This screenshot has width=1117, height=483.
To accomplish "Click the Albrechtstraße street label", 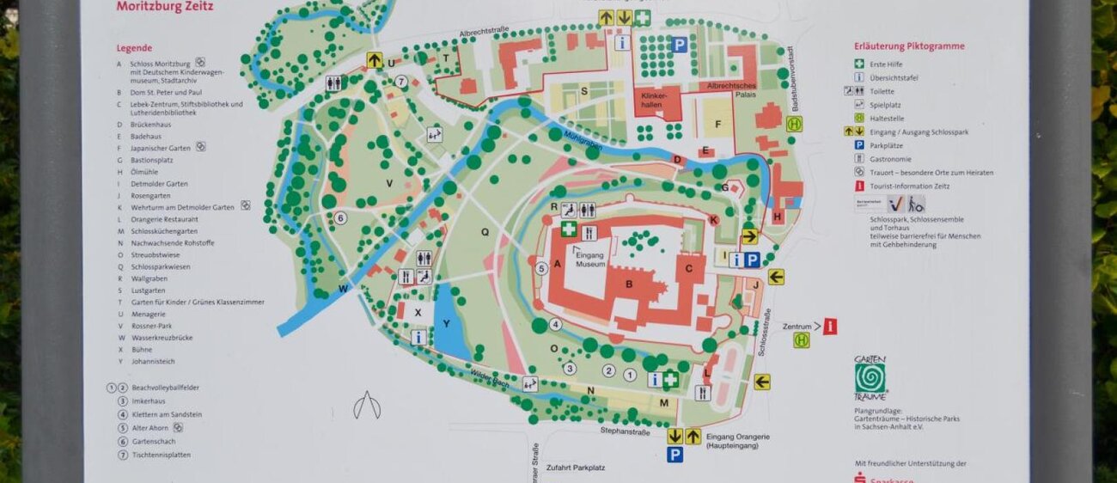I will [x=485, y=33].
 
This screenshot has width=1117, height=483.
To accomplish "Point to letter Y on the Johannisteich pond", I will [x=445, y=324].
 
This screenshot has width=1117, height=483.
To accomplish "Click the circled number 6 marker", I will [x=340, y=218].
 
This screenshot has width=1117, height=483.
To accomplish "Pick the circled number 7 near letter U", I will [x=400, y=82].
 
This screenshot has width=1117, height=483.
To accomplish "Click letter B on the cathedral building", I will [x=629, y=284].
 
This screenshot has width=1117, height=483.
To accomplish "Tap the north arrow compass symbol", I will [x=367, y=406].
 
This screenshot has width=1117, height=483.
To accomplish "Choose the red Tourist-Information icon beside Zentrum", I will [x=830, y=327].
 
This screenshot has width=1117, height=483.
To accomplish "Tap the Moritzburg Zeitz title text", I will [x=165, y=7].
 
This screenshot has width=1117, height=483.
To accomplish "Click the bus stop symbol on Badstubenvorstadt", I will [x=794, y=124].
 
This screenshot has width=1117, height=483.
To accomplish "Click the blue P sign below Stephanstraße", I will [x=675, y=455].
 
